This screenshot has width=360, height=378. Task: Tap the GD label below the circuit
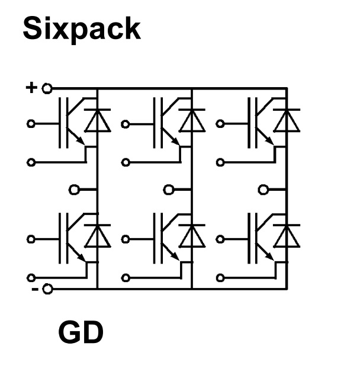[81, 332]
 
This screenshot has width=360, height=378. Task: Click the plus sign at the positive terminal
[31, 88]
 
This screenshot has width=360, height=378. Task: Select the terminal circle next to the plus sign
[47, 88]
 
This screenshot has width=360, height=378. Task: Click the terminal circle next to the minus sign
[47, 289]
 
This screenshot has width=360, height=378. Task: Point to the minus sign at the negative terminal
[35, 289]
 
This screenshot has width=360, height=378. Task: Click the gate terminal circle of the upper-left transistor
[31, 124]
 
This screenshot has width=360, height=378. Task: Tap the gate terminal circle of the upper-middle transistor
[126, 124]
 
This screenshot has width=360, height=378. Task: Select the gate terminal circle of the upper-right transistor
[220, 124]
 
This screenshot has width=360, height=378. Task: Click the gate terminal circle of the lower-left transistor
[31, 239]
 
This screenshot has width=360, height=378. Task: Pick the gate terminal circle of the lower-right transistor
[220, 239]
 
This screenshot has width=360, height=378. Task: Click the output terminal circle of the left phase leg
[74, 190]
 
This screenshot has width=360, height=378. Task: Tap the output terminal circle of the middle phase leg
[168, 190]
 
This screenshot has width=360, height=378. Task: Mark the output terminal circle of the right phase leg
[263, 190]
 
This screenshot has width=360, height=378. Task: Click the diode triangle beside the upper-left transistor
[97, 123]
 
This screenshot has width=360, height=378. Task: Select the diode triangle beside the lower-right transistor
[287, 238]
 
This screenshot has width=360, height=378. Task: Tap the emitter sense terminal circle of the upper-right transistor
[220, 162]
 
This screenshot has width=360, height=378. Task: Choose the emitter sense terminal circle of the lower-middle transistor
[126, 278]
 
